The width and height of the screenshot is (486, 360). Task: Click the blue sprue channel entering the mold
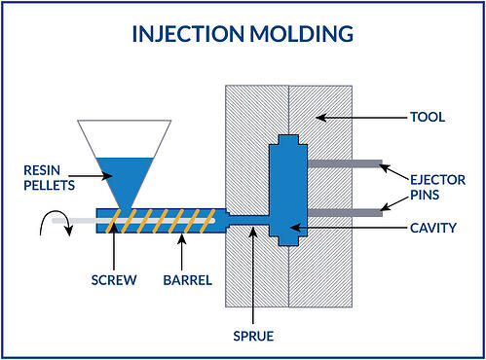click(249, 219)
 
